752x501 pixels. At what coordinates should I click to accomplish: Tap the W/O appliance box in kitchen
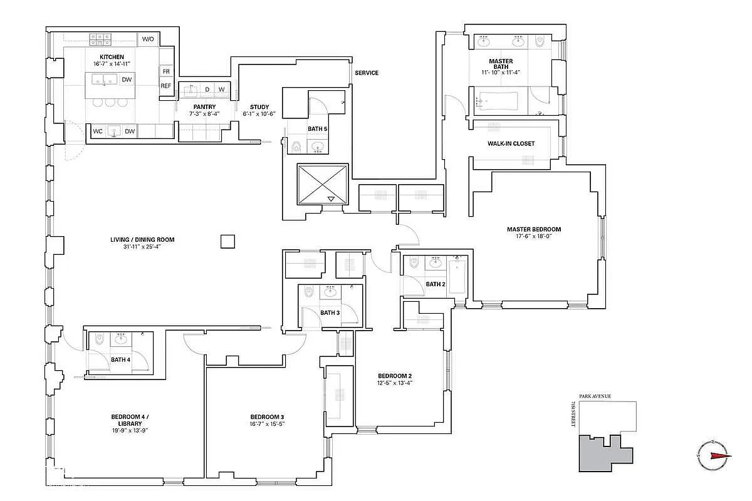coord(148,39)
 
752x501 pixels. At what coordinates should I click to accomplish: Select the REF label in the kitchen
coord(165,86)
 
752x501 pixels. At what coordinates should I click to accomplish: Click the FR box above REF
coord(165,71)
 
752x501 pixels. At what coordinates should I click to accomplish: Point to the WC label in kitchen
coord(98,132)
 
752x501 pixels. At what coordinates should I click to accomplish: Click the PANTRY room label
coord(204,107)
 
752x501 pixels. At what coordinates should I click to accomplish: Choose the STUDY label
coord(259,107)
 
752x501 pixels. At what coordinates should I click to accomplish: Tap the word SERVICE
coord(367,73)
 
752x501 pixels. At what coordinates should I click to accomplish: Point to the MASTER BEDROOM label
coord(534,229)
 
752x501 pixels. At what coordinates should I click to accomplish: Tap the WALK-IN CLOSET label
coord(511,143)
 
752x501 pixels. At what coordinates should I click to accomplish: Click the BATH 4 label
coord(121,359)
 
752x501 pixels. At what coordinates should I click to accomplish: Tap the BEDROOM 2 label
coord(394,376)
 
